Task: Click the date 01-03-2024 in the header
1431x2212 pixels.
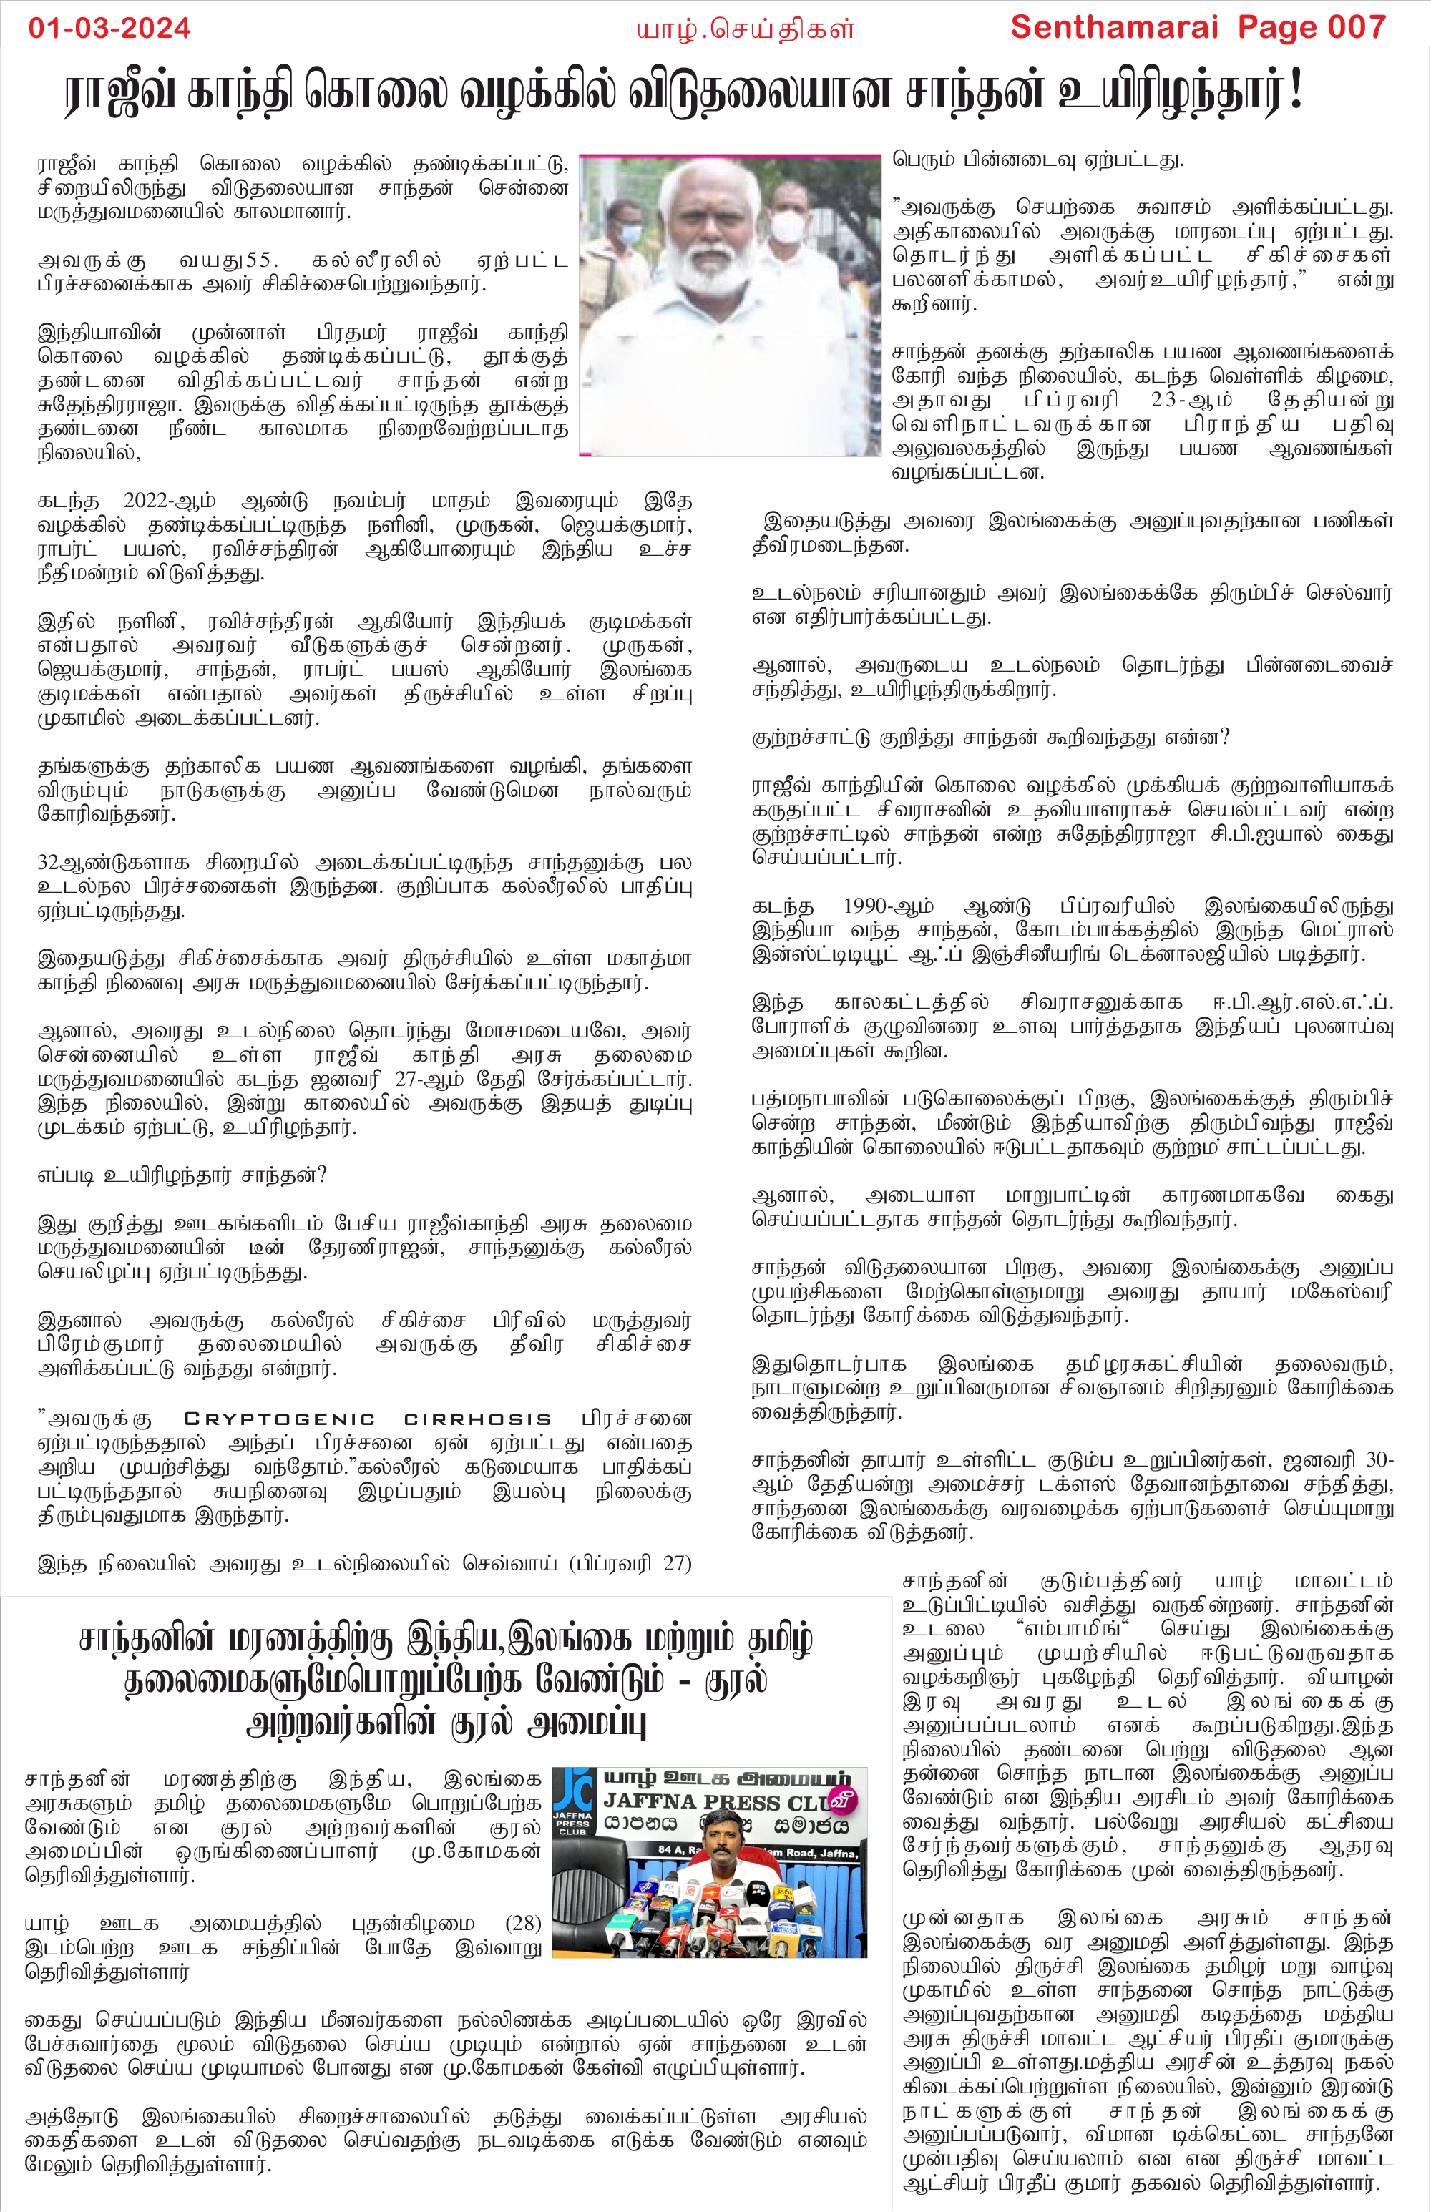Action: (x=109, y=27)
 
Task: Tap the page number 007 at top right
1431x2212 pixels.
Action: (x=1356, y=27)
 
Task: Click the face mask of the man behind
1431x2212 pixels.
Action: (x=788, y=227)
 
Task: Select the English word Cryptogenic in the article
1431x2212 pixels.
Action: (x=279, y=1419)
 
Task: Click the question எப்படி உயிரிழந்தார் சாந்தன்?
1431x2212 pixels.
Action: (x=182, y=1175)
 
